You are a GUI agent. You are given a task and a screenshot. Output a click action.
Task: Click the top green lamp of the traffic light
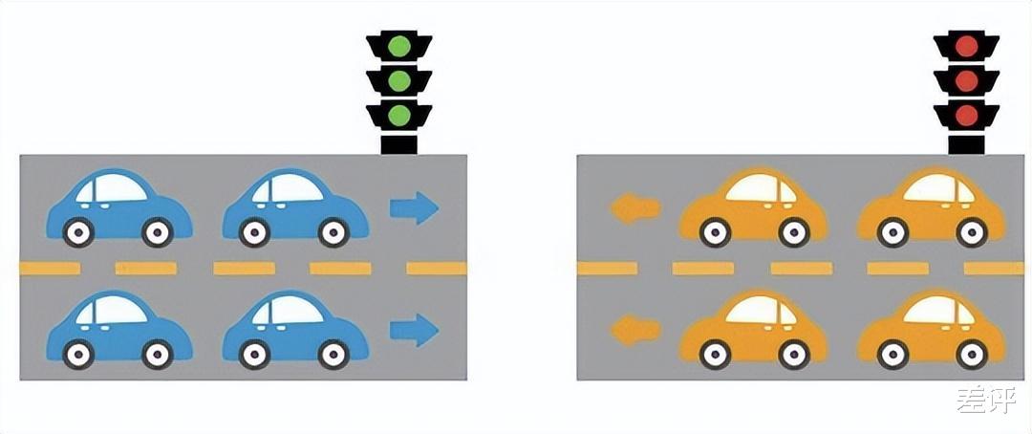click(x=398, y=47)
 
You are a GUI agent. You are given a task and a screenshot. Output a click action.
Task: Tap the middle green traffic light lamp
click(x=398, y=81)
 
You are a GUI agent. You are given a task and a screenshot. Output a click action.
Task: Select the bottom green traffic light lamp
click(x=398, y=116)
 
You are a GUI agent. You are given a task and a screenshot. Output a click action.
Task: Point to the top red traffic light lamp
click(x=966, y=47)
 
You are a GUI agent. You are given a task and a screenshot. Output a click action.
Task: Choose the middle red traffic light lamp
click(x=966, y=81)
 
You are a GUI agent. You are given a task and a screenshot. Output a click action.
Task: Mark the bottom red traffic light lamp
click(x=966, y=116)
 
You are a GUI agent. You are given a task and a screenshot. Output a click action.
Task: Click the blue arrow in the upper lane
click(x=414, y=208)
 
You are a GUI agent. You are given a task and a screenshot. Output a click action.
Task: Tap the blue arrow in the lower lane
click(x=414, y=330)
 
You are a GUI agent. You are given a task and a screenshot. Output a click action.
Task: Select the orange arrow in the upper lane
click(x=635, y=208)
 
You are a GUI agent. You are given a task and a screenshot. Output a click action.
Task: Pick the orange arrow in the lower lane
click(x=635, y=330)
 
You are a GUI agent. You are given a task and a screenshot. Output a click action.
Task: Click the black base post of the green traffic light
click(x=398, y=142)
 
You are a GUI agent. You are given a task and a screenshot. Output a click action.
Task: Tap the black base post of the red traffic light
click(x=966, y=142)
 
